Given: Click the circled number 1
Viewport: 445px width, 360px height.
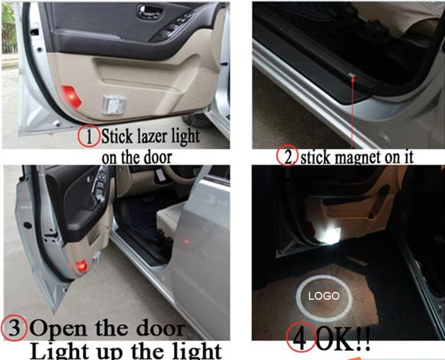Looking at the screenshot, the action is tap(89, 136).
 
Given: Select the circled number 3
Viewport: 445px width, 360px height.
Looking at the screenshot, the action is tap(15, 328).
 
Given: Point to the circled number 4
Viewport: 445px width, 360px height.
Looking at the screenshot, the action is tap(301, 337).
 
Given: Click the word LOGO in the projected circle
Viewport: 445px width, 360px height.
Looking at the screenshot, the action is tap(324, 296).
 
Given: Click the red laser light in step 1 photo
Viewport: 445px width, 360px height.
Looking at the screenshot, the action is tap(71, 97).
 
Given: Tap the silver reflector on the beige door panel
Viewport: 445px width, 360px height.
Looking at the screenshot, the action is tap(114, 105).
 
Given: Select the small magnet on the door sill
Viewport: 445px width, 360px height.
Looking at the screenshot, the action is tap(352, 75).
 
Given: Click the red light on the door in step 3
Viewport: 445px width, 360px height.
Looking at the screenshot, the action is tap(81, 266).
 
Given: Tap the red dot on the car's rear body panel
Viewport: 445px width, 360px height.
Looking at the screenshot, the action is tap(187, 242).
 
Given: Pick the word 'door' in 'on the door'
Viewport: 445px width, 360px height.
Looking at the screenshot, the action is tap(158, 157).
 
